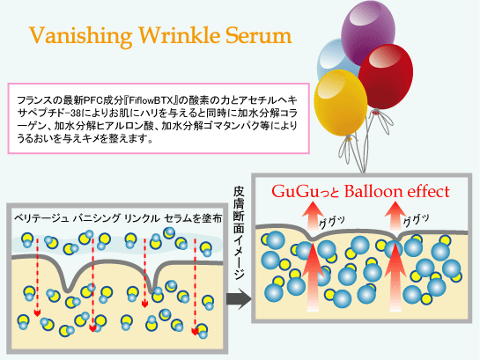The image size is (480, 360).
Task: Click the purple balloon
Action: pyautogui.click(x=368, y=31)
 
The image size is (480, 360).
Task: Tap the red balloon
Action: pyautogui.click(x=386, y=77)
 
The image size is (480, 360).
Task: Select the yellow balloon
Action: pyautogui.click(x=341, y=102)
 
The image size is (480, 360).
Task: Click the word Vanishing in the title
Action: pyautogui.click(x=80, y=36)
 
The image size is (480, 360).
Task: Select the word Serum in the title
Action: pyautogui.click(x=259, y=35)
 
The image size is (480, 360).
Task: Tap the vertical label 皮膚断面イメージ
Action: pyautogui.click(x=239, y=232)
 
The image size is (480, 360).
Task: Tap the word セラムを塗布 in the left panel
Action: pyautogui.click(x=193, y=218)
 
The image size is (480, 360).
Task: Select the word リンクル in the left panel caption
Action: pyautogui.click(x=142, y=218)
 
